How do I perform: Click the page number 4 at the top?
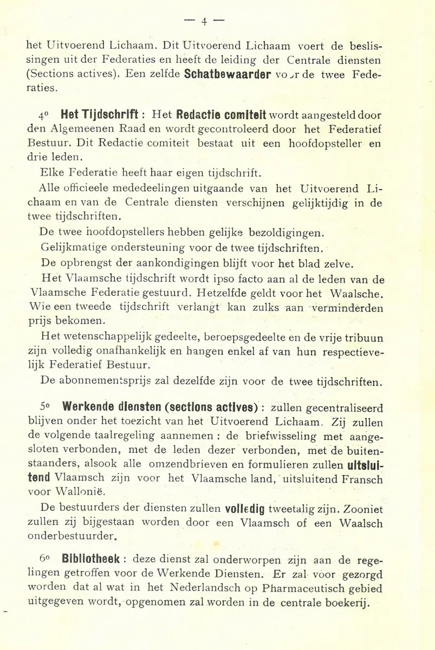204,21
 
